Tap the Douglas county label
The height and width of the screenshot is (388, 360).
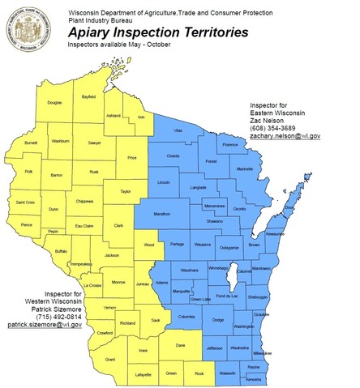pyautogui.click(x=54, y=103)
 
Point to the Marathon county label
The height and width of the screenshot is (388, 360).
pyautogui.click(x=161, y=215)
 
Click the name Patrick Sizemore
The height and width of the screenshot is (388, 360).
pyautogui.click(x=50, y=307)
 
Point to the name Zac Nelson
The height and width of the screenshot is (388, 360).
pyautogui.click(x=269, y=118)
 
